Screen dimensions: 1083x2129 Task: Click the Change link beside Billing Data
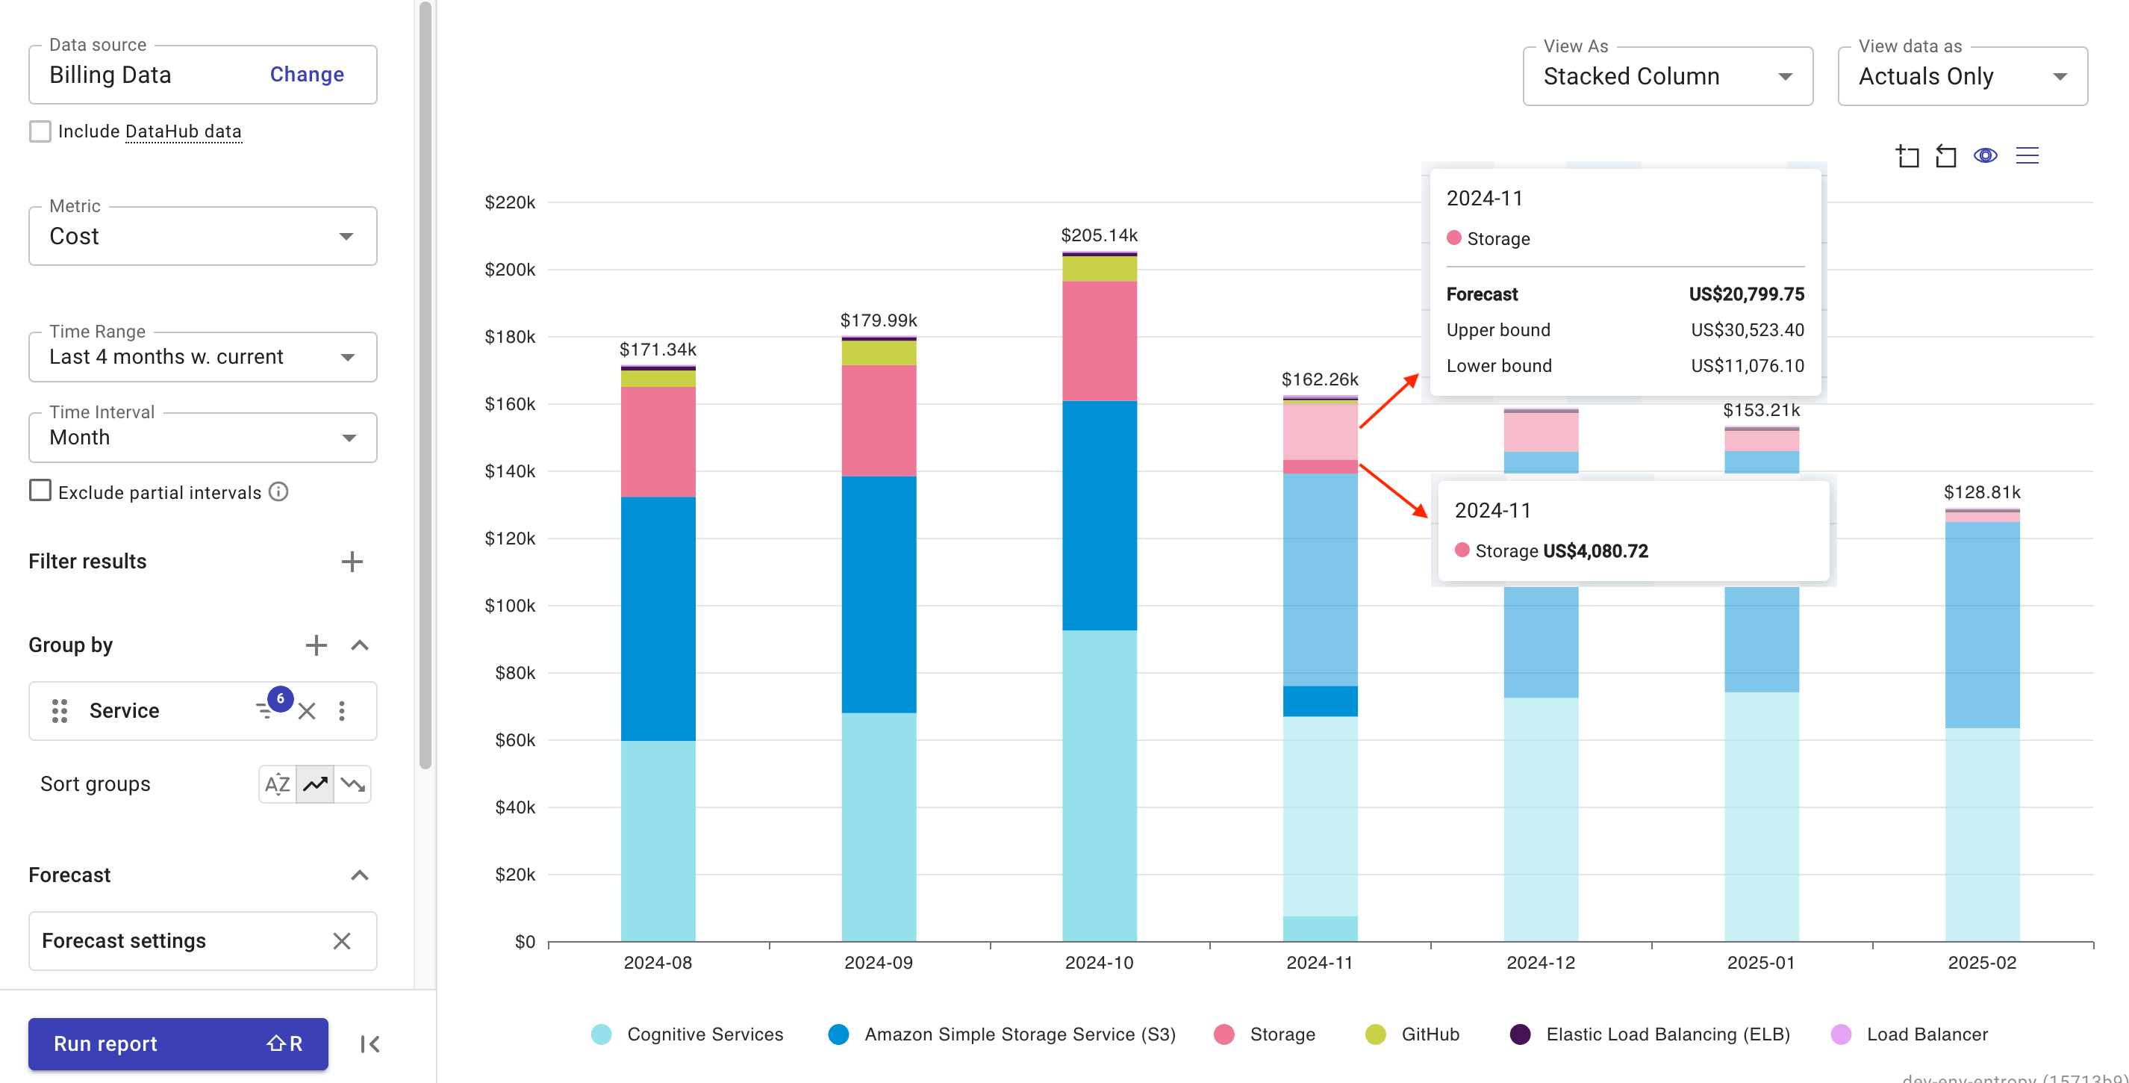[307, 75]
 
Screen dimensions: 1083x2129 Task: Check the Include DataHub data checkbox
[40, 131]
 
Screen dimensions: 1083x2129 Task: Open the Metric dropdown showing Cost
[202, 237]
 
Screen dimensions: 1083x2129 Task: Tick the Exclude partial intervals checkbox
[40, 491]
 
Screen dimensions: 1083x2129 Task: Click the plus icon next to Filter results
[352, 562]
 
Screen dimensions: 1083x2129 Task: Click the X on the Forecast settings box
[341, 941]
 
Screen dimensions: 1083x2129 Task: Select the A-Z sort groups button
[277, 783]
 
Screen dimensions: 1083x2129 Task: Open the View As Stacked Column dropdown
[1667, 76]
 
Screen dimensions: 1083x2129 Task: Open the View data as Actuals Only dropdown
[1961, 76]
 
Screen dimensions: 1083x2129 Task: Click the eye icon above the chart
[1985, 155]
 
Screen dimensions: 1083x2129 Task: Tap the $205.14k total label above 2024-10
[1098, 235]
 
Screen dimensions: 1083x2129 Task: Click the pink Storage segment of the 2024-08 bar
[658, 441]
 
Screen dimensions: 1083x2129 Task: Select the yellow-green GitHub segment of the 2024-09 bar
[879, 353]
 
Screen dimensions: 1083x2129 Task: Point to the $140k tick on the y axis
[509, 471]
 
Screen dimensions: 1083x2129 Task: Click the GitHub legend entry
[1429, 1034]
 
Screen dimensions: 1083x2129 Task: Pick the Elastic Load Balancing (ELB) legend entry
[1667, 1034]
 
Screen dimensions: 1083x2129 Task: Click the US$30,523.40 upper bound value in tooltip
[1746, 330]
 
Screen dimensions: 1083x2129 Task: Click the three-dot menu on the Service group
[342, 711]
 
